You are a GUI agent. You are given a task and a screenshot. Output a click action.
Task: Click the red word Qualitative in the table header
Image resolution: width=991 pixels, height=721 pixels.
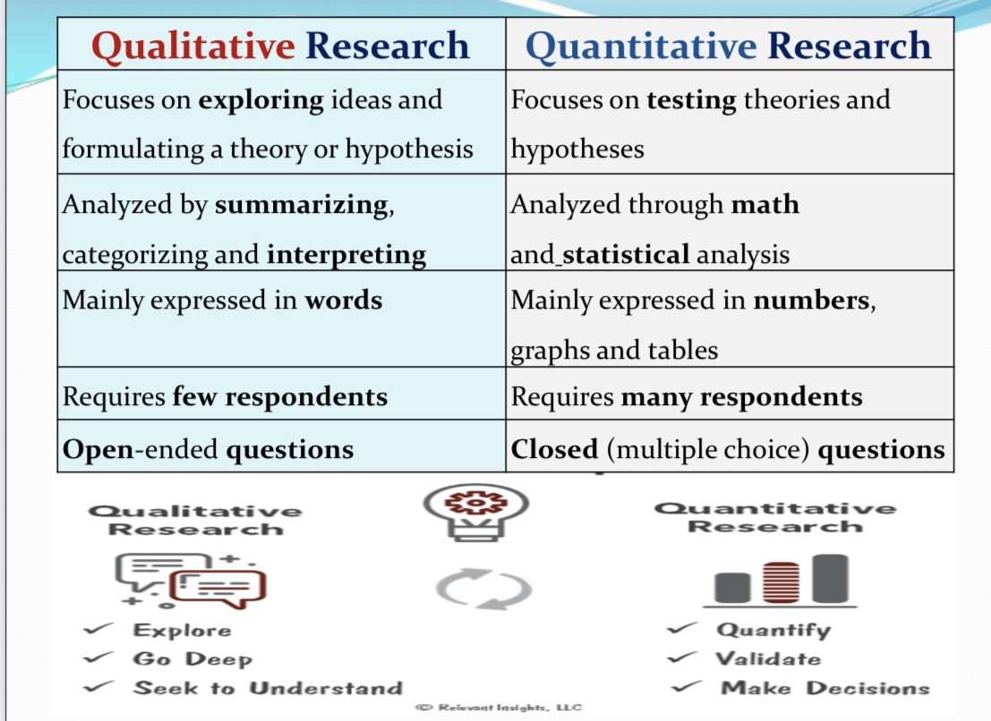tap(193, 47)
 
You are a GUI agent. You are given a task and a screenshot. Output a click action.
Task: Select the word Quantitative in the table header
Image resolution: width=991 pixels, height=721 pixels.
tap(642, 47)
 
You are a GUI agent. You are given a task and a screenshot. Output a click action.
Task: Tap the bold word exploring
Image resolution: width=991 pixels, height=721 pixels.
tap(261, 101)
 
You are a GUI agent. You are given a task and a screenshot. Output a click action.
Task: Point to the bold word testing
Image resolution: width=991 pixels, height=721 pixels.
tap(691, 101)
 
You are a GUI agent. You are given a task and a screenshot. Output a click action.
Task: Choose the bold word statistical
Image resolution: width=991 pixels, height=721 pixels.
tap(626, 254)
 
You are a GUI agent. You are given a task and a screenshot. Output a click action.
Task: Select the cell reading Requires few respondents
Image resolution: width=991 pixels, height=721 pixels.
tap(282, 394)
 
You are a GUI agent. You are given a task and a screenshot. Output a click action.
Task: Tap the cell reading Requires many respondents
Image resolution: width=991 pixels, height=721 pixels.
tap(730, 394)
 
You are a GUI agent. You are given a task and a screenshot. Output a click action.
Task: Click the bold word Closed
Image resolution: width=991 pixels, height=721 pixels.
tap(554, 449)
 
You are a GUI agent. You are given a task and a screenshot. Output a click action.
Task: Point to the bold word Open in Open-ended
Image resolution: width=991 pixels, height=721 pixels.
tap(98, 450)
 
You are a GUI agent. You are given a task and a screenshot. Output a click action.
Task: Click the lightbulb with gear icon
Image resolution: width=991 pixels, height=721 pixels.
tap(476, 513)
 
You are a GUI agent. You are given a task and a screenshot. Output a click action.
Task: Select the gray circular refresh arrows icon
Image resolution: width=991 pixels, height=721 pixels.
tap(484, 589)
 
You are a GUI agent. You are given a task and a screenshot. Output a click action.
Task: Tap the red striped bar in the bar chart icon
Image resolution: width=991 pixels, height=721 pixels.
tap(782, 582)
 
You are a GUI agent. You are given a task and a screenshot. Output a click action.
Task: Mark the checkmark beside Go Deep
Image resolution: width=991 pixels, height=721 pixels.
tap(98, 657)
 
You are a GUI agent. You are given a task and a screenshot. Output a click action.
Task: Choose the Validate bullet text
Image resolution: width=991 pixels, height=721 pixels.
tap(768, 658)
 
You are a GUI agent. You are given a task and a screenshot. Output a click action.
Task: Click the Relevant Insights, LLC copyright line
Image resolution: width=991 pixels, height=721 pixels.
tap(499, 707)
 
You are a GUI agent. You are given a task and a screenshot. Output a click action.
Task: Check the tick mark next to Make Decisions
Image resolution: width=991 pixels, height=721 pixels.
tap(686, 687)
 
